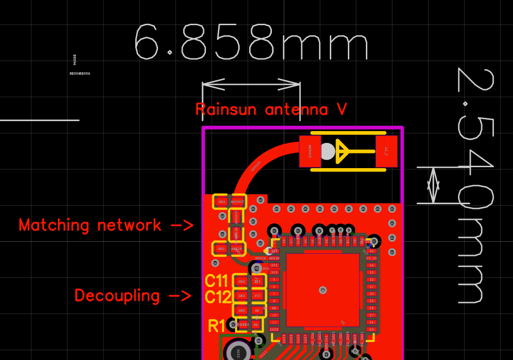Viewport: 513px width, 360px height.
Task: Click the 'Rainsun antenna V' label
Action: (x=271, y=109)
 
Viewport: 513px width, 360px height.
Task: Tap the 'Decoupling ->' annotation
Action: (x=133, y=295)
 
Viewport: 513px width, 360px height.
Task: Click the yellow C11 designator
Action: (x=216, y=281)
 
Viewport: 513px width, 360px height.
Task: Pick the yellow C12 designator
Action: (x=218, y=297)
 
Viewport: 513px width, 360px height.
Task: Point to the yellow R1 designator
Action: (x=216, y=326)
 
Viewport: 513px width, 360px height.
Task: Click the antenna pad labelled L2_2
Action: (x=386, y=152)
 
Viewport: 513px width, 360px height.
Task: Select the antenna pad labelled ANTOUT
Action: (x=310, y=152)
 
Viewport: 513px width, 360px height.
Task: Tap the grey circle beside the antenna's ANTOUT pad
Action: (x=327, y=152)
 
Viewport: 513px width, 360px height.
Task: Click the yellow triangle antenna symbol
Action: (x=343, y=151)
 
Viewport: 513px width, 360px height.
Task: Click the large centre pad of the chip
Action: (x=323, y=290)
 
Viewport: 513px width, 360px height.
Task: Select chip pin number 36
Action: (x=372, y=251)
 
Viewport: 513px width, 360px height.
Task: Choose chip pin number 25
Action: (x=372, y=329)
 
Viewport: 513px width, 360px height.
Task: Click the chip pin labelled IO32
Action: (x=274, y=329)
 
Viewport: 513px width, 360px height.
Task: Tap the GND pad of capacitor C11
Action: (x=242, y=281)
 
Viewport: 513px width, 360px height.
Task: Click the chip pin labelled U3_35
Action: (x=372, y=258)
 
